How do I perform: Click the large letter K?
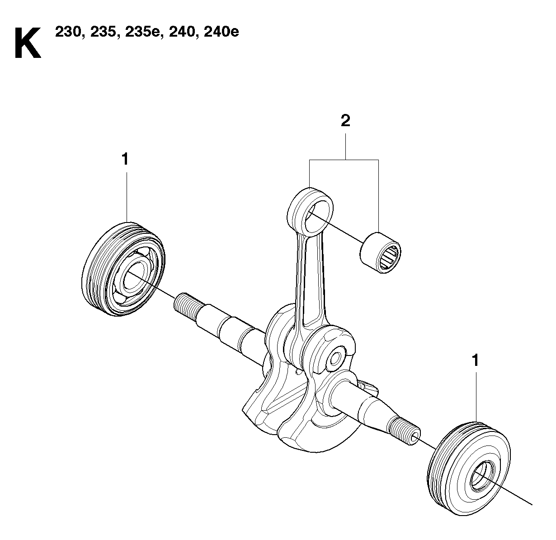point(28,43)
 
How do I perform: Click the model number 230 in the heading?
point(68,32)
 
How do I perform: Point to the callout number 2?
point(345,121)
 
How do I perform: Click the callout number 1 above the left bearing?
point(125,159)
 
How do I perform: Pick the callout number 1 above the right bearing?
point(475,360)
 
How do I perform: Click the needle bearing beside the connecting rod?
point(380,253)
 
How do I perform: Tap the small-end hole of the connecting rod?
point(316,218)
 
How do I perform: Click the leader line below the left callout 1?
point(127,197)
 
